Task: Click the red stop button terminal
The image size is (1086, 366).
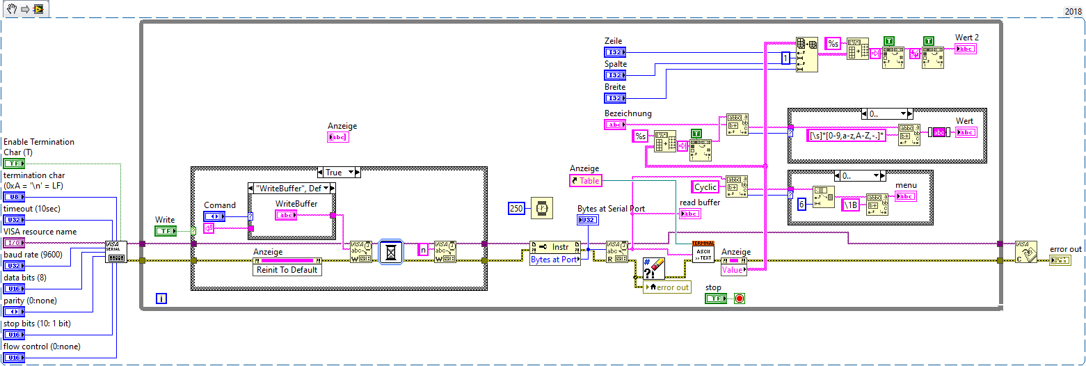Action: (x=739, y=299)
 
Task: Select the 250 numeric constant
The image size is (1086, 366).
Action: (x=517, y=208)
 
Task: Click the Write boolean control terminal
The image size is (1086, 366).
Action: (x=166, y=231)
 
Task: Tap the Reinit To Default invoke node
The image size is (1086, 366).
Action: (x=287, y=270)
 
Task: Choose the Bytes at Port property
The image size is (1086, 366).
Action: (x=555, y=260)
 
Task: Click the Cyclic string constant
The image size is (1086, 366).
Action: (x=706, y=187)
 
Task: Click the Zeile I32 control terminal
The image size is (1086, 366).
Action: (x=615, y=52)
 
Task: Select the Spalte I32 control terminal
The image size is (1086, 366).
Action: (x=615, y=75)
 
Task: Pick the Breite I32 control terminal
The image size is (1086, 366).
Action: (x=615, y=98)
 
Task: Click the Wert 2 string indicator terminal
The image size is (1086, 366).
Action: (x=966, y=48)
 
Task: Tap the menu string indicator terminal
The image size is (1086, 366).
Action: (x=906, y=196)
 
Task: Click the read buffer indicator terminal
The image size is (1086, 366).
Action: (x=690, y=214)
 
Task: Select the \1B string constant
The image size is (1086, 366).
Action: (x=850, y=205)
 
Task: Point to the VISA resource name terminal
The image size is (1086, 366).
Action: (x=14, y=243)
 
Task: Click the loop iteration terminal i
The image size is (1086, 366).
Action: (x=161, y=299)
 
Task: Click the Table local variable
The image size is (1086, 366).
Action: (x=585, y=180)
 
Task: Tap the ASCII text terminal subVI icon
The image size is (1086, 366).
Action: (x=703, y=252)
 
